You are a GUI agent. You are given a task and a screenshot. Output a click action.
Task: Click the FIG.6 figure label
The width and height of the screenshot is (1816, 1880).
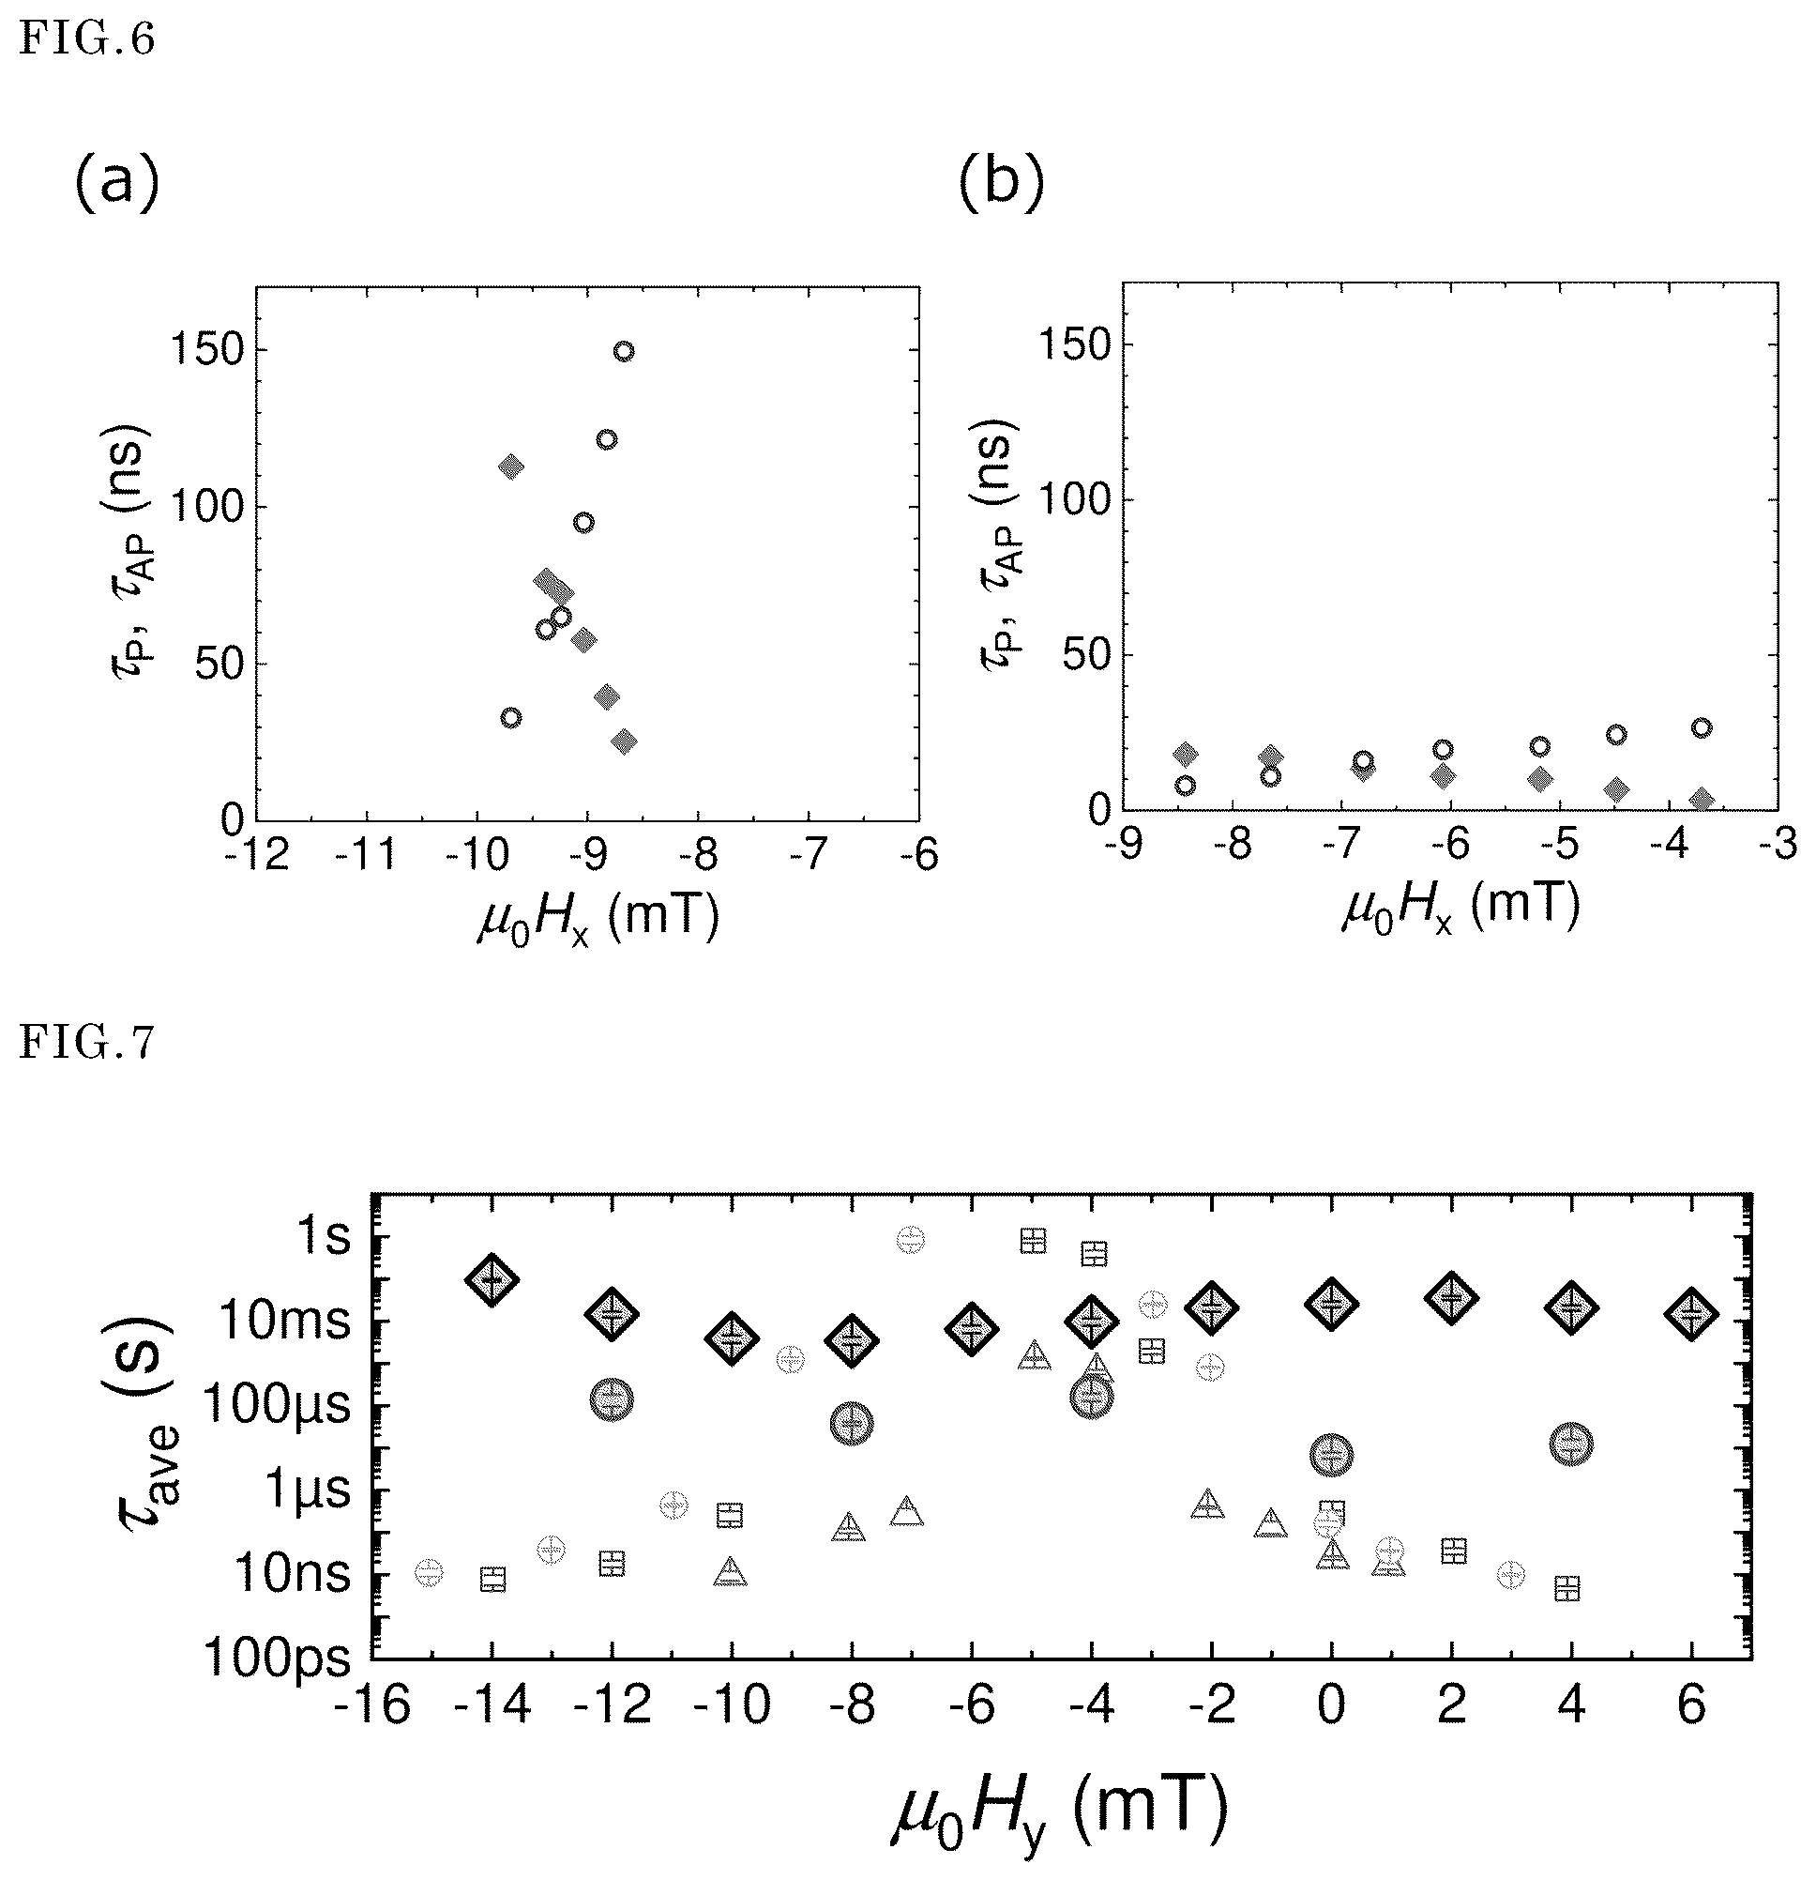(86, 41)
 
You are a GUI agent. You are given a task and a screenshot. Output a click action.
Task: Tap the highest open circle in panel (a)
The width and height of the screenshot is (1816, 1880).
(623, 351)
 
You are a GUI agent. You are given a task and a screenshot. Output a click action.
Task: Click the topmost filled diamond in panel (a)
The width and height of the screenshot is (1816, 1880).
(511, 467)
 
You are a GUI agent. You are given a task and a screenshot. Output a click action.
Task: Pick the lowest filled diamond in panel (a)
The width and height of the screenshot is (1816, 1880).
(624, 741)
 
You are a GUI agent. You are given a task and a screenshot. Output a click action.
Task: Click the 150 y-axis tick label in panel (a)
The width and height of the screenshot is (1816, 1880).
(204, 349)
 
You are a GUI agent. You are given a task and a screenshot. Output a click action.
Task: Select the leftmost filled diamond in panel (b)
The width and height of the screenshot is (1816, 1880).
(1186, 754)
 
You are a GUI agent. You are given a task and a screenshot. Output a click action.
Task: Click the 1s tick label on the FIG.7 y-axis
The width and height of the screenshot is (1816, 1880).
(326, 1237)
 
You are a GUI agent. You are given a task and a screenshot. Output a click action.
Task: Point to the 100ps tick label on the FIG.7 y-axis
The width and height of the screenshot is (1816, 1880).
(278, 1658)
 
